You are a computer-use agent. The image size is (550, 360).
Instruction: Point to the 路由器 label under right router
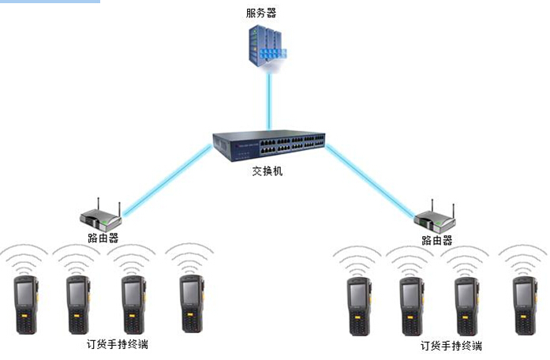point(437,240)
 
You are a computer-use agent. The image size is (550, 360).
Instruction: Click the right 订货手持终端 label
point(451,346)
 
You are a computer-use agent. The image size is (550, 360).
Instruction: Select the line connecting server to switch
point(270,99)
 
